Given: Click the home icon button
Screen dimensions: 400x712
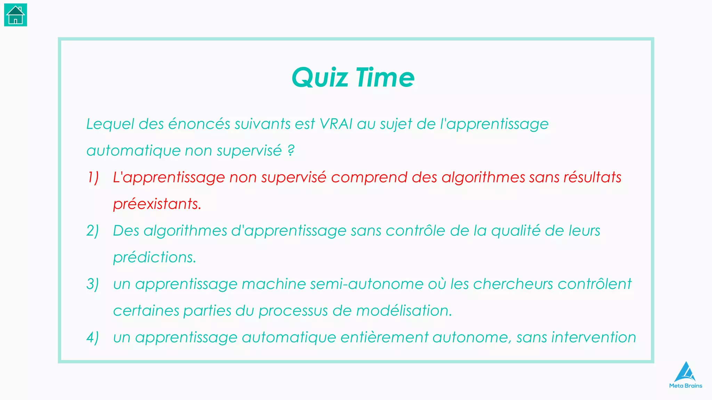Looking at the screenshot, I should pyautogui.click(x=16, y=15).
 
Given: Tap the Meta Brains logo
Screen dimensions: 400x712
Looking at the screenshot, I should pyautogui.click(x=686, y=375).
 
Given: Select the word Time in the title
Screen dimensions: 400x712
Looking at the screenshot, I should pyautogui.click(x=385, y=77).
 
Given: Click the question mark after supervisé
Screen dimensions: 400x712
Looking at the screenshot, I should pyautogui.click(x=291, y=151).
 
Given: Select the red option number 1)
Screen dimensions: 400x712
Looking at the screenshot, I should pyautogui.click(x=93, y=177).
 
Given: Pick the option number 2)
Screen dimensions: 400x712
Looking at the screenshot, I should pyautogui.click(x=92, y=231).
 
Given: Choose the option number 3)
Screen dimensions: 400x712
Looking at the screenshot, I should pyautogui.click(x=92, y=284).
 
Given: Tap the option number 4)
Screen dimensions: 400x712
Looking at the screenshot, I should pyautogui.click(x=92, y=337).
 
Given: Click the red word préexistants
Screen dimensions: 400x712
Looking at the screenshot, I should pyautogui.click(x=157, y=204).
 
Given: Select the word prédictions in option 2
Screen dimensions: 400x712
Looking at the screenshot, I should pyautogui.click(x=154, y=258).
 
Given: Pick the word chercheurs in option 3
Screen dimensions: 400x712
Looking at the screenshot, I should pyautogui.click(x=513, y=284).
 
